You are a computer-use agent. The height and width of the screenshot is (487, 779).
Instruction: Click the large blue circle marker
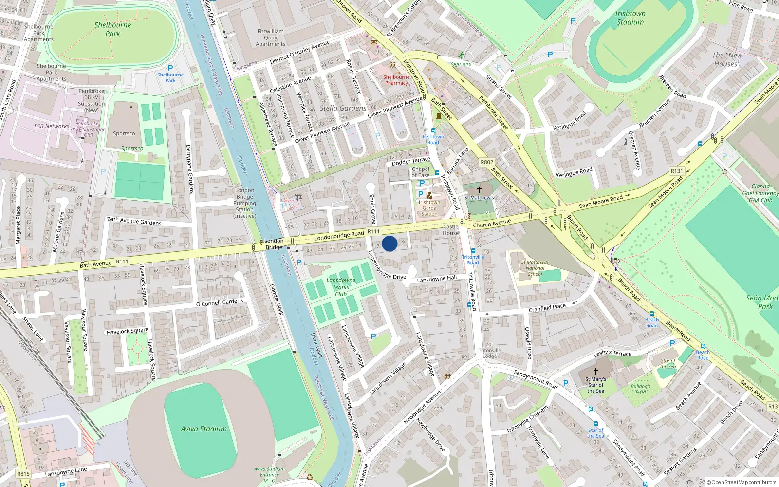coord(389,243)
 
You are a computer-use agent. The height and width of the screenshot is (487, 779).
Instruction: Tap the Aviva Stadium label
coord(204,429)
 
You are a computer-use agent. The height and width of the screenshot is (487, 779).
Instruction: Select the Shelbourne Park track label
coord(112,29)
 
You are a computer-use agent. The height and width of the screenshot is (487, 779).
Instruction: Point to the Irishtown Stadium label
coord(630,18)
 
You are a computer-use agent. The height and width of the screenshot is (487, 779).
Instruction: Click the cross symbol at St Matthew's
coord(479,190)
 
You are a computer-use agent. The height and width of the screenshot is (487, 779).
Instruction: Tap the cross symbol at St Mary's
coord(595,371)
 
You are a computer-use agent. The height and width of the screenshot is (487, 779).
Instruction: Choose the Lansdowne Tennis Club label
coord(341,287)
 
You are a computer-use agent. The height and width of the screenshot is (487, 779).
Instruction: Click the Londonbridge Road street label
coord(339,236)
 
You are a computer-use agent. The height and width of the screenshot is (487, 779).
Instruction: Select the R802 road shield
coord(487,162)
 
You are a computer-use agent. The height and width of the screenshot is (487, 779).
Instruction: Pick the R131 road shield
coord(677,171)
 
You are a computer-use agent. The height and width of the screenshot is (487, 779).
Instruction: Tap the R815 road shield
coord(23,473)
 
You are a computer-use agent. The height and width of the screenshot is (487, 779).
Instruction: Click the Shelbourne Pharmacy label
coord(396,80)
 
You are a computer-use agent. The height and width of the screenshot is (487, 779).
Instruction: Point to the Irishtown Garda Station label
coord(429,208)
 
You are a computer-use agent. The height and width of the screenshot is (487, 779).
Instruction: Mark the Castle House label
coord(451,230)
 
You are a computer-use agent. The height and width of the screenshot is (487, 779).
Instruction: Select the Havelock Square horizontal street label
coord(128,331)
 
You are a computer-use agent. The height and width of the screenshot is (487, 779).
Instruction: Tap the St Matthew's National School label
coord(535,268)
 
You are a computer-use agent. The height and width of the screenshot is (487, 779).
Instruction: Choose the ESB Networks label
coord(52,126)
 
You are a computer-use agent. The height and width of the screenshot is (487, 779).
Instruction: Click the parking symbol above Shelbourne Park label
coord(170,69)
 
